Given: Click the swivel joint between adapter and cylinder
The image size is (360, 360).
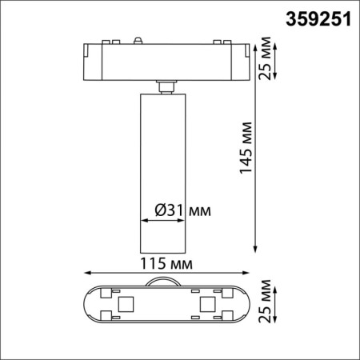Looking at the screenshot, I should (x=166, y=86).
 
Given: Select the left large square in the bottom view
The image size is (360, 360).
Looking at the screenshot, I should (x=125, y=305).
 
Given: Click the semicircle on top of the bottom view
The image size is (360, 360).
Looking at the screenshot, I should (x=166, y=281).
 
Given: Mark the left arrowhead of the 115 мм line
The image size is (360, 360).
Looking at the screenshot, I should (x=84, y=273).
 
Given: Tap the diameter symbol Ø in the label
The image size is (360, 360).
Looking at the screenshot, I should (x=159, y=210).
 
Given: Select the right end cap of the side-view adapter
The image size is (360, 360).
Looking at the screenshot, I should (x=243, y=60).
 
